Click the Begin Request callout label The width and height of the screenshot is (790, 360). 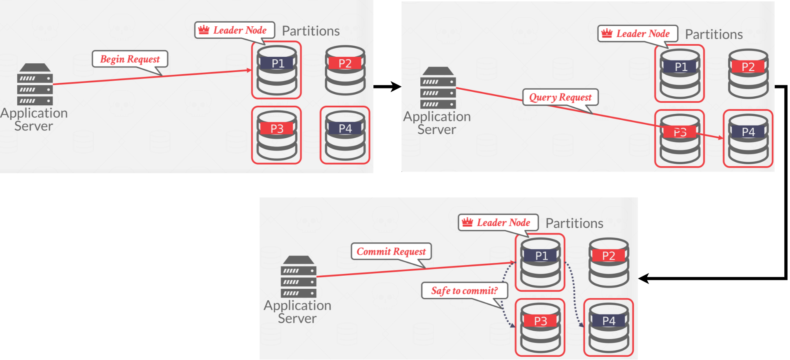[x=130, y=59]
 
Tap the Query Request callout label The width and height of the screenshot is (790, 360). [x=560, y=98]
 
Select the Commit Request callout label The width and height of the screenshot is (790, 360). [x=391, y=251]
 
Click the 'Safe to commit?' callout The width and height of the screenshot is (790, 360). [x=464, y=291]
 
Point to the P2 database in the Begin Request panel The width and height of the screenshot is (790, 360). [x=345, y=70]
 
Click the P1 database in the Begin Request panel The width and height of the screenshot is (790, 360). [x=277, y=70]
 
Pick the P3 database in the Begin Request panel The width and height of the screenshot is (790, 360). [x=277, y=135]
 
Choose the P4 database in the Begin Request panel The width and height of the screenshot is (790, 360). [x=345, y=135]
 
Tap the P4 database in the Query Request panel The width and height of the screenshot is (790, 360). [x=748, y=139]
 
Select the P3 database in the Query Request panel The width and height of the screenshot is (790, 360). [x=680, y=139]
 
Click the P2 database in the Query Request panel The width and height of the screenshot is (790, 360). [x=748, y=73]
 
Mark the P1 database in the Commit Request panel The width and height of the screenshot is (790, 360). [x=540, y=262]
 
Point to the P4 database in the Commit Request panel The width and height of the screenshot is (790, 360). [x=609, y=327]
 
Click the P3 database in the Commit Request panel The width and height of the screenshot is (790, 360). [x=540, y=327]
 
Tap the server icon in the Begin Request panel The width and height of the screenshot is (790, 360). [x=35, y=84]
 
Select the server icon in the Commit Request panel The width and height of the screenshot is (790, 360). [x=299, y=276]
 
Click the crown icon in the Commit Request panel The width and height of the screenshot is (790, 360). [x=467, y=223]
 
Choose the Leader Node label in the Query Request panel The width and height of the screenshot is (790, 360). [x=643, y=34]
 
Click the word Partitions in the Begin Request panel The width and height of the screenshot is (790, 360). [x=310, y=31]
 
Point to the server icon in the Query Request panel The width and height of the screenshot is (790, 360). [x=438, y=88]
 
